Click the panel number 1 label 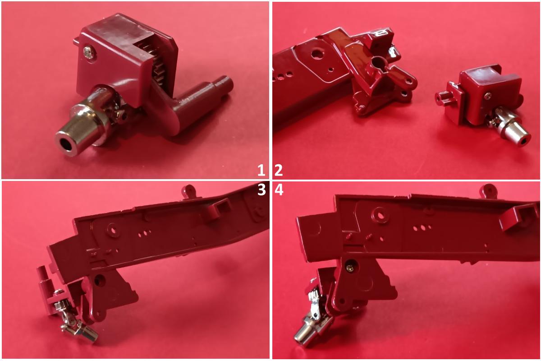click(261, 170)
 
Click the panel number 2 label click(279, 170)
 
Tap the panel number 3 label click(261, 190)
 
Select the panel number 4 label click(279, 190)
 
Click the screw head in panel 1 click(88, 52)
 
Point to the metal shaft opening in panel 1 click(65, 144)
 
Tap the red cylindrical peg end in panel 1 click(226, 83)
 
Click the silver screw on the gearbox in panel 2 click(487, 96)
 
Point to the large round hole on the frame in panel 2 click(316, 53)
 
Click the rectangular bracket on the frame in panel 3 click(218, 208)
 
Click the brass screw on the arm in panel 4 click(350, 268)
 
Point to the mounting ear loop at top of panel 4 click(488, 190)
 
